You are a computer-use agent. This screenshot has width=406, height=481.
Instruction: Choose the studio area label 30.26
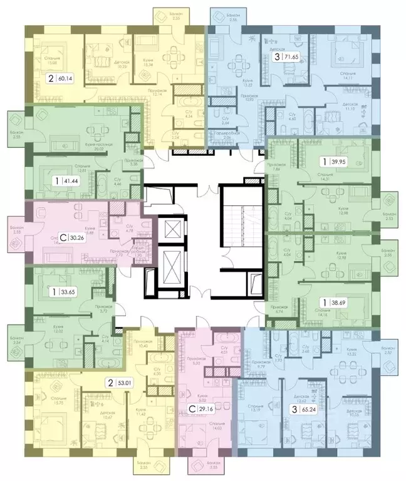click(76, 238)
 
